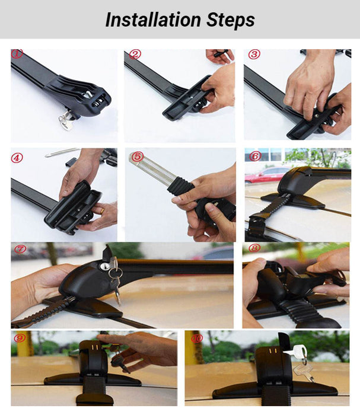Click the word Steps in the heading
[228, 20]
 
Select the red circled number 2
[135, 55]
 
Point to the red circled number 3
[254, 55]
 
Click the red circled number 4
[17, 158]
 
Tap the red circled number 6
[254, 157]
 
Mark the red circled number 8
[254, 248]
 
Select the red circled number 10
[196, 338]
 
